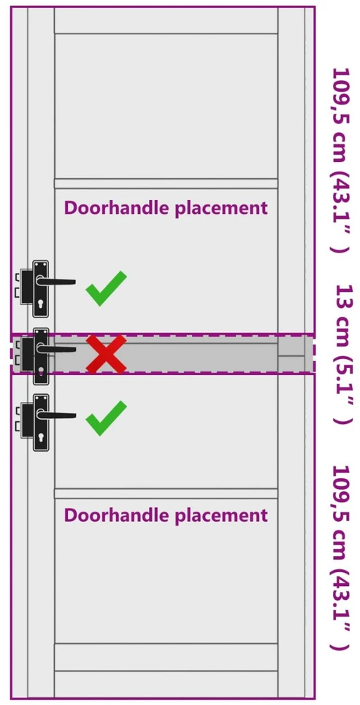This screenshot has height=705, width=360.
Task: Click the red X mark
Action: click(x=106, y=354)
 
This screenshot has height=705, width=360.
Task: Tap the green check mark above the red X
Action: click(x=106, y=289)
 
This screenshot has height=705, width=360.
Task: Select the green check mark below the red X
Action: click(x=106, y=418)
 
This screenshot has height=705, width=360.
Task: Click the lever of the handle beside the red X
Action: click(x=55, y=348)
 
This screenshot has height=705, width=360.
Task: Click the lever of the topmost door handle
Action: click(x=55, y=282)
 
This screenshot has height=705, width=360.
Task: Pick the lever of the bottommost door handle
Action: click(x=55, y=415)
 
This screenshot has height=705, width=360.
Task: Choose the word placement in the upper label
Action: click(x=219, y=209)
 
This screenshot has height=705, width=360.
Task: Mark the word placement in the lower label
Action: click(x=219, y=516)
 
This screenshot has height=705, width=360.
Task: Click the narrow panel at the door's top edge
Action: click(x=166, y=20)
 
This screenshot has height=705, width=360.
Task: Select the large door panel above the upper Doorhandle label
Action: click(x=166, y=106)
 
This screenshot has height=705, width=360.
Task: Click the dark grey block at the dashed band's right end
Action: click(x=295, y=354)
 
